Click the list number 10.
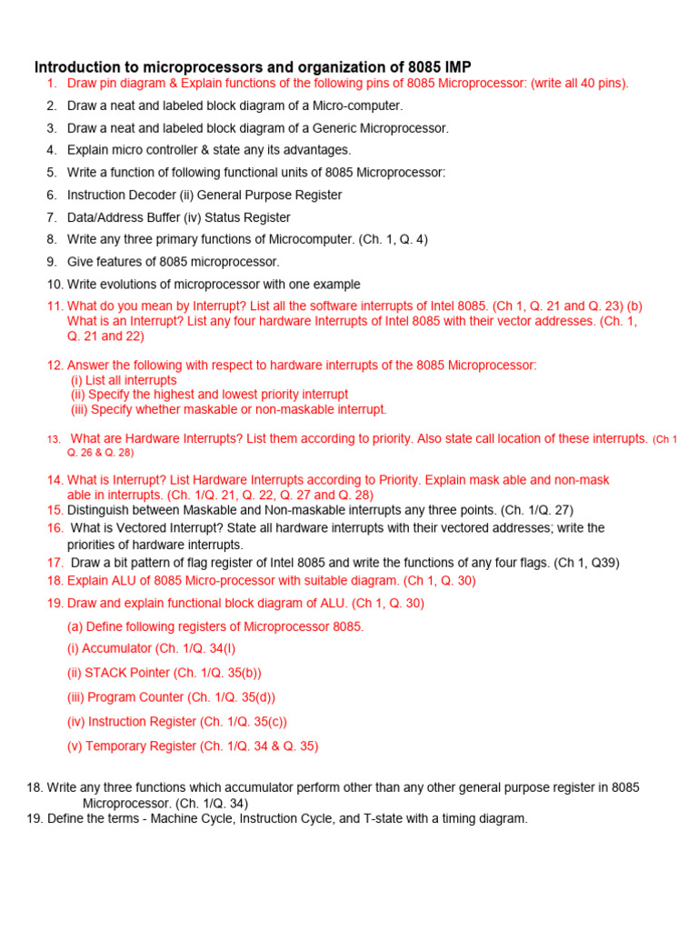[x=54, y=285]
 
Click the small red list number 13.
[x=54, y=439]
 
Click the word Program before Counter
[x=112, y=697]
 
